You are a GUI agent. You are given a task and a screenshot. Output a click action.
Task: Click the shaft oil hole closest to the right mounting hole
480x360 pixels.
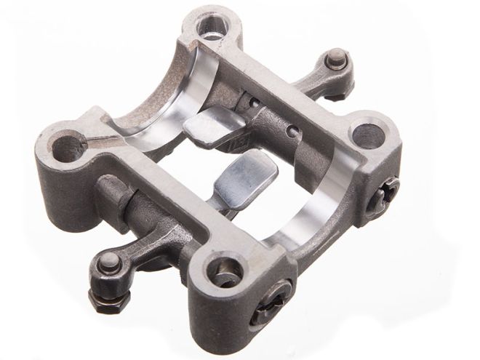pyautogui.click(x=292, y=132)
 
